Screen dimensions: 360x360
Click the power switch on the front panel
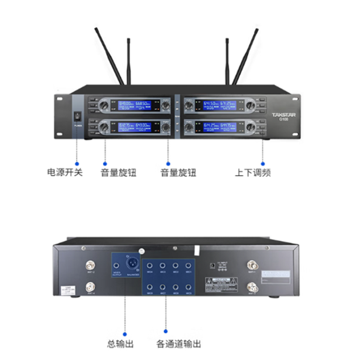[x=77, y=117]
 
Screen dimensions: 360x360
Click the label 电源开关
[x=65, y=172]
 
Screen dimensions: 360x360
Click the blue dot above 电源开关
[x=77, y=164]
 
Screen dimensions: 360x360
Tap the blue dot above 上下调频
[x=263, y=164]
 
